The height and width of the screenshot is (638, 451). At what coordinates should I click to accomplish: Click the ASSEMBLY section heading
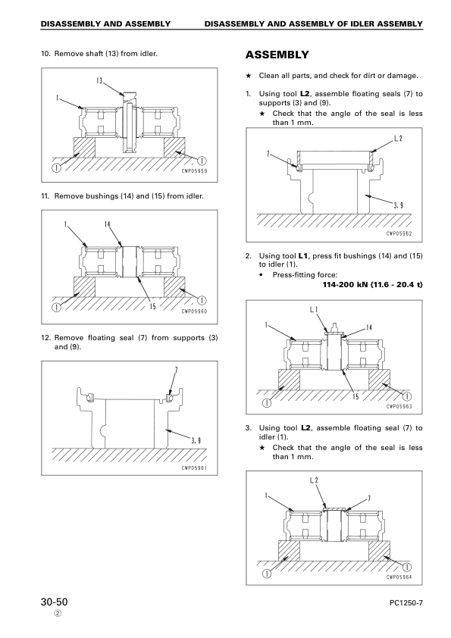point(277,55)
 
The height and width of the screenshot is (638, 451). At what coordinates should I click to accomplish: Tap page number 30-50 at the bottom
point(54,602)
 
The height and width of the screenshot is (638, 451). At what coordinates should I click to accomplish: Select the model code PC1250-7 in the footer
point(406,603)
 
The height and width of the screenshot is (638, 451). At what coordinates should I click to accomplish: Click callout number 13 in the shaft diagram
point(99,80)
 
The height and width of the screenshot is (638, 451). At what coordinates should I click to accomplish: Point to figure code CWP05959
point(194,171)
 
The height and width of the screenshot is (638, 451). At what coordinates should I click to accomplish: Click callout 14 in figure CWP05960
point(108,224)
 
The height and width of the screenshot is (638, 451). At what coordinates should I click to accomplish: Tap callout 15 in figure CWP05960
point(152,306)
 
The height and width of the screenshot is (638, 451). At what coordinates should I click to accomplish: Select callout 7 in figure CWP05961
point(177,370)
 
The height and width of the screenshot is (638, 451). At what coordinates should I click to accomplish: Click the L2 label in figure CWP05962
point(398,139)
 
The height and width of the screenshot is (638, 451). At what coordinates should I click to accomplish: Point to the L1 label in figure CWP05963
point(314,310)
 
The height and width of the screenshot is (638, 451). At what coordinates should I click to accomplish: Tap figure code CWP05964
point(399,577)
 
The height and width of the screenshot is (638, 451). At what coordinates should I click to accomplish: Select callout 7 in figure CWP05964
point(369,498)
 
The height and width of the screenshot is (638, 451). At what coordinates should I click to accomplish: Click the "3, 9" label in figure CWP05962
point(399,205)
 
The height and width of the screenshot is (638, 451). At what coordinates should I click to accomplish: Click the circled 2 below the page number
point(58,614)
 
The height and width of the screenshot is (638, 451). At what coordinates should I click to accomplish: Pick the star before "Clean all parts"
point(249,76)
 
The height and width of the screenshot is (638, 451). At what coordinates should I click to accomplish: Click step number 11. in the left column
point(45,196)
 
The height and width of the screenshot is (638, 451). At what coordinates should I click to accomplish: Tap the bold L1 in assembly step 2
point(303,256)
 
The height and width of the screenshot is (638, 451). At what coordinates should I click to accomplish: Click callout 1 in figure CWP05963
point(266,325)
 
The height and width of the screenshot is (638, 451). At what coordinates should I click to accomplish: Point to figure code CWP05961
point(194,468)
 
